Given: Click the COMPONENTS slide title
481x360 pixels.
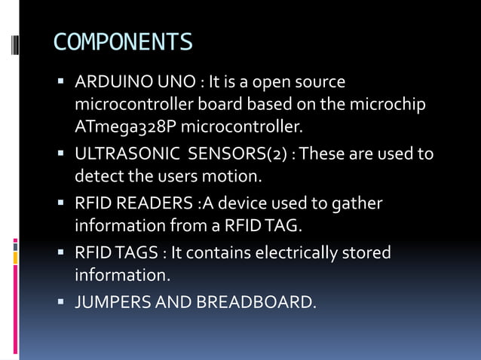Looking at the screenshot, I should pos(123,41).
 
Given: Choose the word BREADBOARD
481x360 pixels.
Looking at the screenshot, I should pos(256,303).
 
